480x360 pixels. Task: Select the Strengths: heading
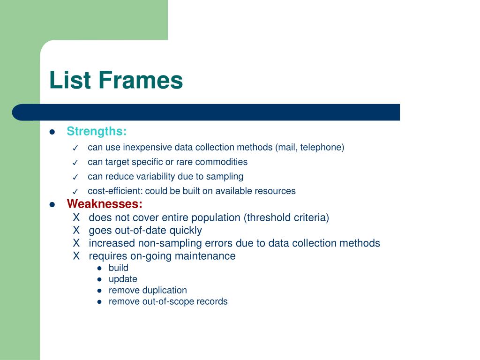97,131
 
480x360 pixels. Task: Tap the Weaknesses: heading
105,204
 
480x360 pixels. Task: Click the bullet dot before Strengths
52,132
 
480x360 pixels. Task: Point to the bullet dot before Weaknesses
52,204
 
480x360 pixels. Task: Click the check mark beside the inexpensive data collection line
75,148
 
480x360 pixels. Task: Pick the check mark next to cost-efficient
75,192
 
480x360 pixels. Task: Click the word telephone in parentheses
322,147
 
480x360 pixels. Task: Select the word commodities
221,162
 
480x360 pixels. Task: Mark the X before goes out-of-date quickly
76,230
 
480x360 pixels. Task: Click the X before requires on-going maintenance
76,256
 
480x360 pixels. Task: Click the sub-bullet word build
118,268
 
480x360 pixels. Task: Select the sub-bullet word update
123,279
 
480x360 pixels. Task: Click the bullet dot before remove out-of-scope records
99,302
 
